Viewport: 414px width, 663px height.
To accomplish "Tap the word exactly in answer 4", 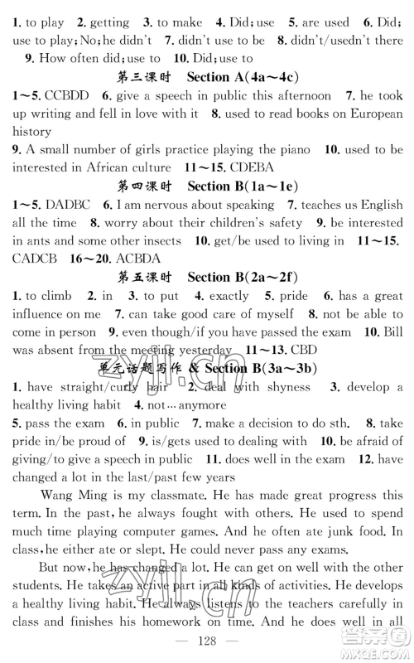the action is click(228, 295).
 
